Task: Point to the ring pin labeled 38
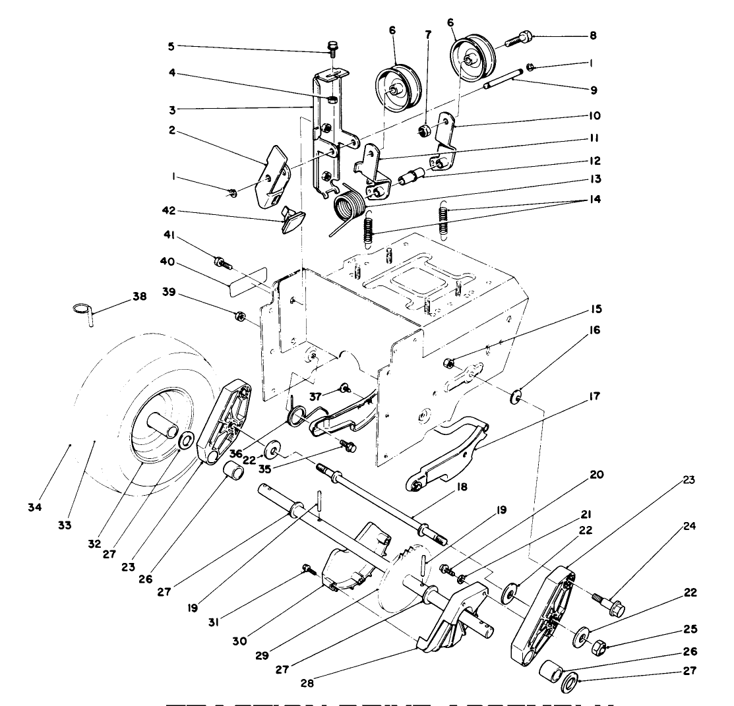pos(84,310)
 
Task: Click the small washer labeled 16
pos(516,397)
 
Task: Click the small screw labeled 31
pos(307,568)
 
